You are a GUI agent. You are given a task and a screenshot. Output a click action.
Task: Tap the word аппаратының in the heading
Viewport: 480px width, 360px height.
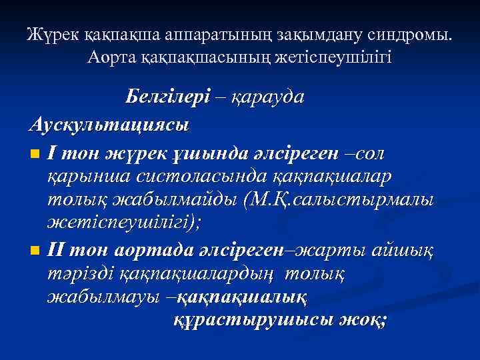tap(193, 35)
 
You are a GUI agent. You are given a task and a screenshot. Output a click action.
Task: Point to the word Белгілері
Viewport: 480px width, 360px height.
tap(167, 97)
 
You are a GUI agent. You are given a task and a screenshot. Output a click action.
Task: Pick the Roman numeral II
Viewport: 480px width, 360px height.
tap(57, 250)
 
